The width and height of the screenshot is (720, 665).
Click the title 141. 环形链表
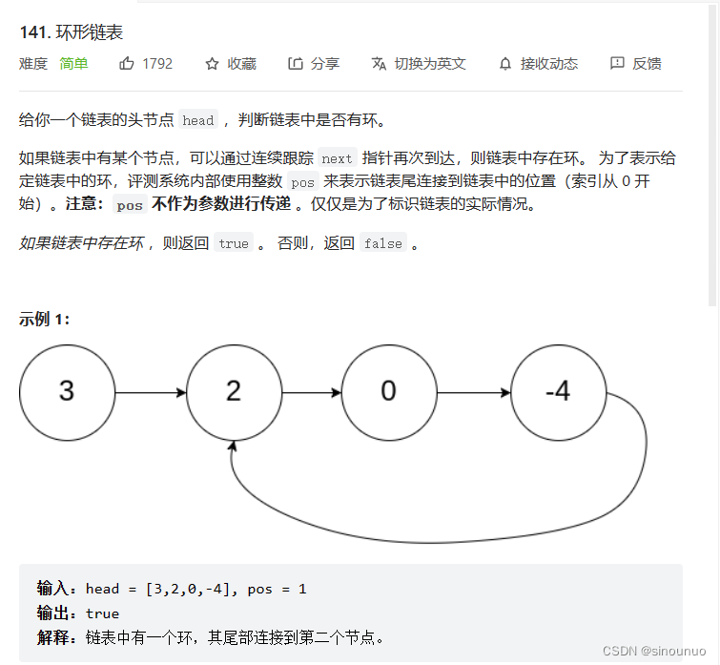[x=71, y=32]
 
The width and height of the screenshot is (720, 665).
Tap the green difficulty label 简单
[x=73, y=64]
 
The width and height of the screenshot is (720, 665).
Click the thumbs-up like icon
[x=127, y=64]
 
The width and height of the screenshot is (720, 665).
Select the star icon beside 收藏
[x=212, y=64]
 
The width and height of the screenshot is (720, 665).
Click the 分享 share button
[x=314, y=64]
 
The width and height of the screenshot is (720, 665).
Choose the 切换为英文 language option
[x=419, y=64]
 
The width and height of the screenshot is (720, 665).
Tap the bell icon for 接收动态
[x=505, y=64]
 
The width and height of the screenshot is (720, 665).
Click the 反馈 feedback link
[x=636, y=64]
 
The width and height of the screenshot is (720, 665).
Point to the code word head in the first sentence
[x=198, y=120]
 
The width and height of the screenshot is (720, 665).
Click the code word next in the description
[x=337, y=159]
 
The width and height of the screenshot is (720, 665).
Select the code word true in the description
[x=234, y=243]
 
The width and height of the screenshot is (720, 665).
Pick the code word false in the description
[x=382, y=243]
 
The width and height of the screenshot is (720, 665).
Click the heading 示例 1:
[x=44, y=320]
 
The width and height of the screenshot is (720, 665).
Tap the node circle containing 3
[x=66, y=391]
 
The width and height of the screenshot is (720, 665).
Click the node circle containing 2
[x=234, y=391]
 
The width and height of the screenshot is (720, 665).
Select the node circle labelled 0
[x=388, y=391]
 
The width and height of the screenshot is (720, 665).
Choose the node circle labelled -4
[x=558, y=391]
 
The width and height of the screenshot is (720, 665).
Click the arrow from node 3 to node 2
[x=150, y=391]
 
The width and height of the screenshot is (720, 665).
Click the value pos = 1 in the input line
[x=277, y=589]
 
